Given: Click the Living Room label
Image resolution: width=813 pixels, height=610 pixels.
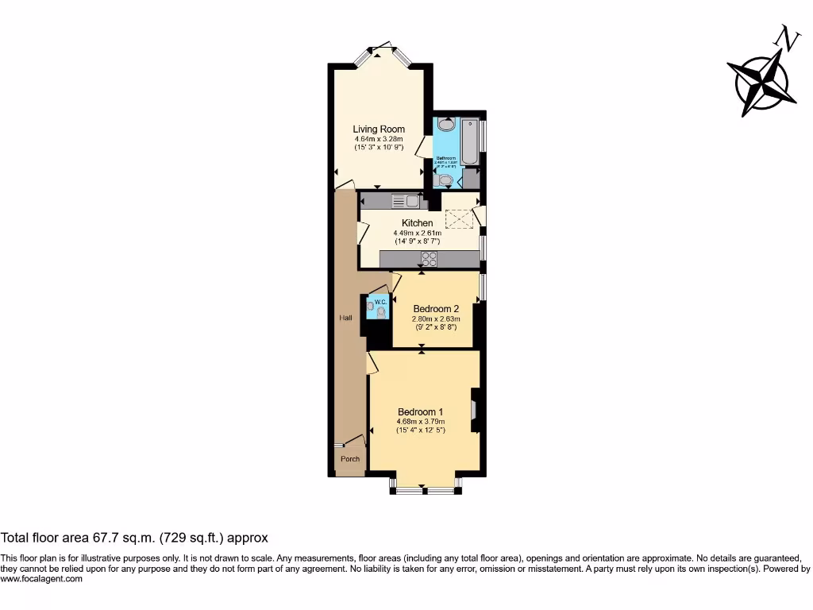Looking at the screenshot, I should tap(379, 129).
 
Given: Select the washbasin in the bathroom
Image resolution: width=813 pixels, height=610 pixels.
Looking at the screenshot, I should tap(445, 124).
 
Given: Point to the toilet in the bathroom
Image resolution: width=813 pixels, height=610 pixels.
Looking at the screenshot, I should tap(445, 181).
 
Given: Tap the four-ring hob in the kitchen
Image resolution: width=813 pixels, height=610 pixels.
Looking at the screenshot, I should tap(430, 258).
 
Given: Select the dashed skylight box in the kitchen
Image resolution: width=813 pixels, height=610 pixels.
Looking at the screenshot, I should tap(458, 218).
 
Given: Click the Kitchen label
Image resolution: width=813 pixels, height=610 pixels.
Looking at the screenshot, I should tap(417, 223).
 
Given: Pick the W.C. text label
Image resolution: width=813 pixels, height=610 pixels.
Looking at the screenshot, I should tap(380, 301).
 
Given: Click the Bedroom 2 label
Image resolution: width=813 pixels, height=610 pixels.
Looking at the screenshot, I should tap(436, 309).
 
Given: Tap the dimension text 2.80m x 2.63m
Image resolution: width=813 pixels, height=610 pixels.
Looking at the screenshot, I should tap(436, 319).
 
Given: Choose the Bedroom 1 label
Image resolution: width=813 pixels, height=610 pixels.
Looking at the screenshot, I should tap(420, 411).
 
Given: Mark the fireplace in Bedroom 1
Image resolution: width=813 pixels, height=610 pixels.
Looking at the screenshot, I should tap(474, 410).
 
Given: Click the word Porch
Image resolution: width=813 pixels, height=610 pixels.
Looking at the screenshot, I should tap(349, 459).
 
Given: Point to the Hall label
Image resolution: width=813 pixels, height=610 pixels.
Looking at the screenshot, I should tap(345, 318).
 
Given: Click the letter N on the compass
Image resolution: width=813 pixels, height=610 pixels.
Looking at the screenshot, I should tap(787, 37).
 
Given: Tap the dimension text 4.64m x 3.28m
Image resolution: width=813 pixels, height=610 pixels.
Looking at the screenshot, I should tap(379, 139).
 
